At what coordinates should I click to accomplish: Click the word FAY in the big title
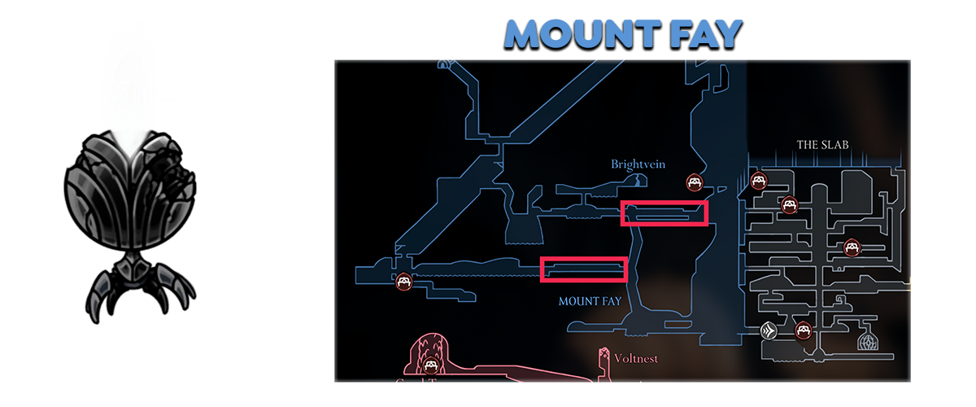700,34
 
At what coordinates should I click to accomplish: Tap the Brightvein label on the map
638,164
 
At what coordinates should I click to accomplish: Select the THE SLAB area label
822,145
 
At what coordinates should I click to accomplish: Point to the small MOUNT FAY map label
590,301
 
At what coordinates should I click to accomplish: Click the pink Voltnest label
637,358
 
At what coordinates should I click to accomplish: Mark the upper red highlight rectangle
664,213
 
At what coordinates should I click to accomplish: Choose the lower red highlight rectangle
584,269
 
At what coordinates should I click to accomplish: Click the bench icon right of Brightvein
694,182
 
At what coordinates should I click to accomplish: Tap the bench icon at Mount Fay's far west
403,282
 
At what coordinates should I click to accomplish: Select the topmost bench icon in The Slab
758,181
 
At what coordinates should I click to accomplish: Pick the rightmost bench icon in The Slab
851,246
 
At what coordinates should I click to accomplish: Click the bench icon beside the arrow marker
803,330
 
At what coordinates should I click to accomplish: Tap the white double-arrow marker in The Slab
769,330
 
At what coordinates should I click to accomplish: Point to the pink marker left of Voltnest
603,357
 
